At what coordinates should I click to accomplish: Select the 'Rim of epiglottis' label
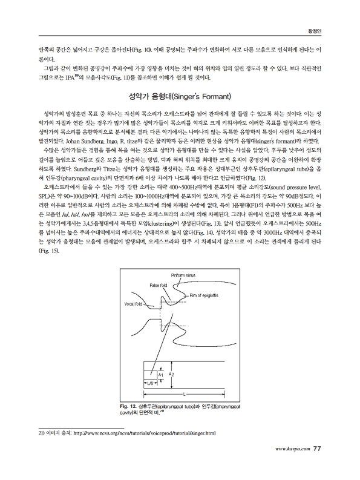(204, 295)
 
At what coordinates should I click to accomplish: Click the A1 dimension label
(160, 376)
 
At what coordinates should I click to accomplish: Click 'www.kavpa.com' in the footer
(292, 449)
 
